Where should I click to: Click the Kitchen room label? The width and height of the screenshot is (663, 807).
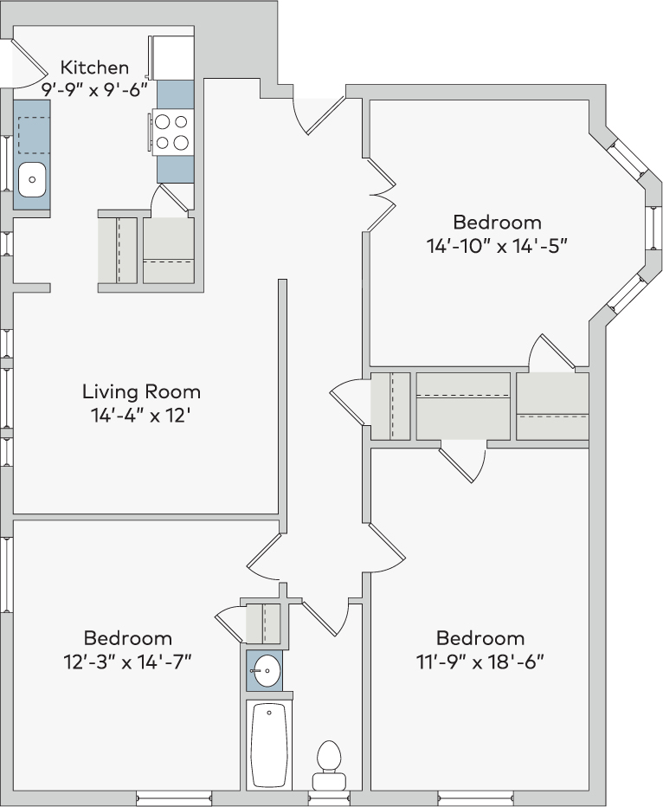(x=94, y=68)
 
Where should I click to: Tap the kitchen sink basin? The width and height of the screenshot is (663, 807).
(x=32, y=179)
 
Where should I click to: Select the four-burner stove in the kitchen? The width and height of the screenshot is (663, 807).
(x=171, y=132)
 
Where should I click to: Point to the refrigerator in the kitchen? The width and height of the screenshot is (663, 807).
(x=171, y=56)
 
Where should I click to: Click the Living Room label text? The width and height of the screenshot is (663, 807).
(x=141, y=391)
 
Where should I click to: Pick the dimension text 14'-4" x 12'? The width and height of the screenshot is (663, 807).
(x=141, y=415)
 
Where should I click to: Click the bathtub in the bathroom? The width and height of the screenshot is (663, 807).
(x=269, y=744)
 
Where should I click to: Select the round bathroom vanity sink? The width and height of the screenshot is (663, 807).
(x=267, y=670)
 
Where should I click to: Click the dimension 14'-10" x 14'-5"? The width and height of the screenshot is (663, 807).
(x=497, y=246)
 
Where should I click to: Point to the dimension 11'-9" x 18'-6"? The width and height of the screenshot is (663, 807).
(x=480, y=662)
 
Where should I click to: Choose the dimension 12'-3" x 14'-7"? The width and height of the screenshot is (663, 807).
(x=127, y=662)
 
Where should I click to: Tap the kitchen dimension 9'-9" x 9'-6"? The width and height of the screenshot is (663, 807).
(x=94, y=90)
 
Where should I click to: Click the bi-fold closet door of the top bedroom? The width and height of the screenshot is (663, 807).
(x=381, y=195)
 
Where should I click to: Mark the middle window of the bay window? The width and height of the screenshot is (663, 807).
(x=653, y=227)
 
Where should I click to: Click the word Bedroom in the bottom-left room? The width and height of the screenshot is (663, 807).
(x=127, y=638)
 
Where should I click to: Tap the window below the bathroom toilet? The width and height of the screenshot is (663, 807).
(x=329, y=798)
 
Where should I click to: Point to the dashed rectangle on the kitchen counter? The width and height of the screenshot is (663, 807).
(x=35, y=135)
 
